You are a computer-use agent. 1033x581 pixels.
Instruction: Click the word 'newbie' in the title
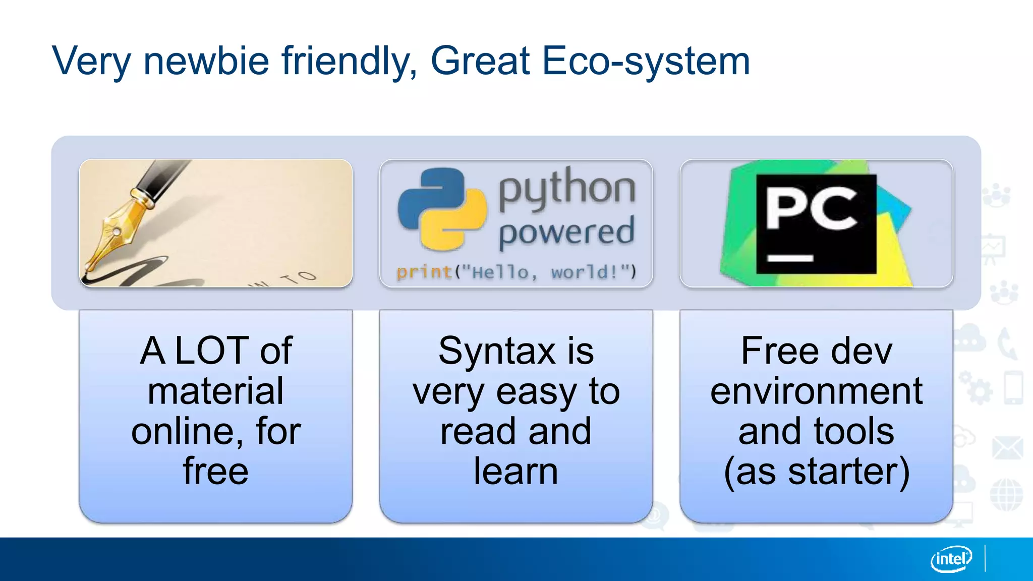[206, 61]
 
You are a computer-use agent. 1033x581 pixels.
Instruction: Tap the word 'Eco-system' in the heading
[646, 62]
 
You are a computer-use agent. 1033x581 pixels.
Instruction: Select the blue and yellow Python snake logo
[442, 209]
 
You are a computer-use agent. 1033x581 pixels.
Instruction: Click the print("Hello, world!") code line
[516, 272]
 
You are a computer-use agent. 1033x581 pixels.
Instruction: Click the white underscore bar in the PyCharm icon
[790, 258]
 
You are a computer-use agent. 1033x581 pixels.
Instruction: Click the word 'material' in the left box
[215, 391]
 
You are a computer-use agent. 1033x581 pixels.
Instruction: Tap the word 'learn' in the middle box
[515, 472]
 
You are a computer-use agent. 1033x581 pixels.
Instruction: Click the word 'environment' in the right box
[816, 391]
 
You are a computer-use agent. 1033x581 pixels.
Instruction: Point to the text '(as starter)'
[816, 472]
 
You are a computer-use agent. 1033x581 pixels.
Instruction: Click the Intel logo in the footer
[951, 559]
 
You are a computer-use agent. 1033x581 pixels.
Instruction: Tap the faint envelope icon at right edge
[1007, 447]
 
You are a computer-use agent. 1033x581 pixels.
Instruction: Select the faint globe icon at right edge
[1006, 494]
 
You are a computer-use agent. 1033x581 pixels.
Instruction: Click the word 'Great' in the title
[480, 61]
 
